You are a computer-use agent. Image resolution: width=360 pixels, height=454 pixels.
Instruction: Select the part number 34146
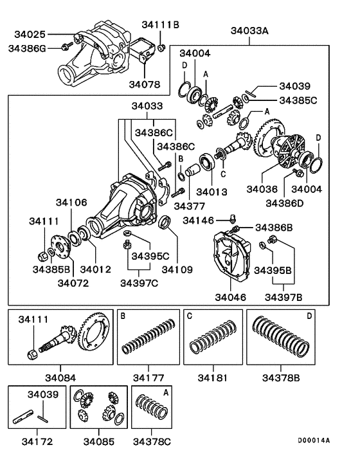coord(200,221)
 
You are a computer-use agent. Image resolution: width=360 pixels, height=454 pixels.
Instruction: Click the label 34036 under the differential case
coord(262,189)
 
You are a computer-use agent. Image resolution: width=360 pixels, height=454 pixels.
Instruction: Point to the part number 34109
coord(177,269)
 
